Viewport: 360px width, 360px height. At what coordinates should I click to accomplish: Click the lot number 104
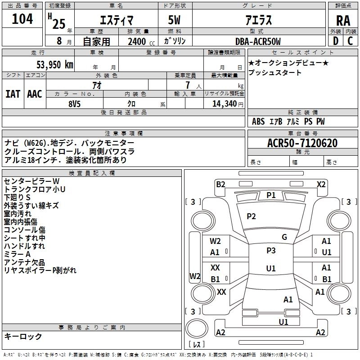(x=22, y=19)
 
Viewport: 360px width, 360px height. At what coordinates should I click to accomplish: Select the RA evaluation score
(x=343, y=21)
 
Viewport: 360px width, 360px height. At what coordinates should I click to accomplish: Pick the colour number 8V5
(x=74, y=103)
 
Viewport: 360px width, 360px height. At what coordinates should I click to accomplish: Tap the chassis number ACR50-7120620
(x=302, y=143)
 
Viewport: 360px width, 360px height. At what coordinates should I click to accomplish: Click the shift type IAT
(x=13, y=94)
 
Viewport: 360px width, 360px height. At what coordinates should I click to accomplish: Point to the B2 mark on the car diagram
(x=220, y=184)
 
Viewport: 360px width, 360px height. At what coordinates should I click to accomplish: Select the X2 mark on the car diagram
(x=321, y=184)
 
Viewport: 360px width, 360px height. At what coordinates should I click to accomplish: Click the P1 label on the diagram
(x=271, y=195)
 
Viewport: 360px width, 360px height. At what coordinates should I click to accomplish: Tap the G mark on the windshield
(x=284, y=237)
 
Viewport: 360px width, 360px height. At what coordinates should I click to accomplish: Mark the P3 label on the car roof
(x=271, y=251)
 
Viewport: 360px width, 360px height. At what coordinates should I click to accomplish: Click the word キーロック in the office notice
(x=23, y=336)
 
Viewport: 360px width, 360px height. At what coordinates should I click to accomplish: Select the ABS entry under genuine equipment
(x=258, y=121)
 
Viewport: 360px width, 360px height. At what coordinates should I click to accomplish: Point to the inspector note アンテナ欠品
(x=24, y=262)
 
